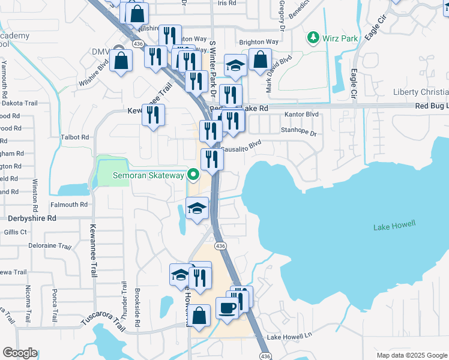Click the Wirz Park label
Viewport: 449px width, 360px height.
click(x=340, y=38)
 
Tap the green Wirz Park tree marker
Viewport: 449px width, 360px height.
click(x=313, y=38)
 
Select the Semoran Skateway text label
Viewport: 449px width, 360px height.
click(x=148, y=175)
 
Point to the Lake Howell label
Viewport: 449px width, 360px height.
click(x=394, y=226)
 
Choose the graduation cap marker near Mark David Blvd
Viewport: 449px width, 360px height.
click(x=236, y=66)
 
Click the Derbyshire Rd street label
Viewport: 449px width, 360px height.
click(x=32, y=218)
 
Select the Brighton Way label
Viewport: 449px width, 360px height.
click(x=259, y=42)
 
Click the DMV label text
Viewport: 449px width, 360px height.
click(x=101, y=52)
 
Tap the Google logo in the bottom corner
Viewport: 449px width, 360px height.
click(x=20, y=353)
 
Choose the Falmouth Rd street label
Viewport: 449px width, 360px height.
click(x=69, y=205)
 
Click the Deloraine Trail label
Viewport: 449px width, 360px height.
click(x=50, y=246)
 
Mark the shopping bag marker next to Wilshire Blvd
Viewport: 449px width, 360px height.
click(x=121, y=61)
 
